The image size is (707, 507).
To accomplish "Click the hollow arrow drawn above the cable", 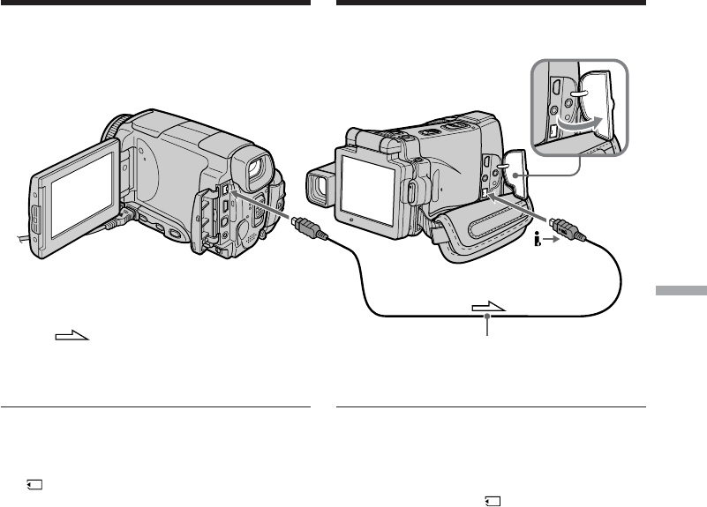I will (491, 308).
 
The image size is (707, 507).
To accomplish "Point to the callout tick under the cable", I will (487, 328).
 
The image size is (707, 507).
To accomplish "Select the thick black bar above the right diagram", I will (492, 3).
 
